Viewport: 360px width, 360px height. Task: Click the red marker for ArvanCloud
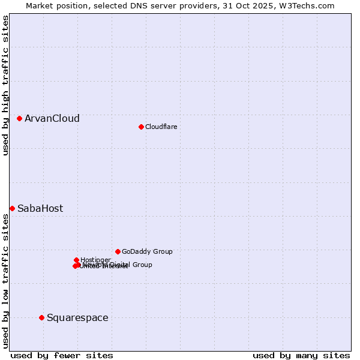tap(20, 119)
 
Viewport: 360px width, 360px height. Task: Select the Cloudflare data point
tap(141, 127)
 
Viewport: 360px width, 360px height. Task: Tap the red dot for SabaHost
tap(12, 208)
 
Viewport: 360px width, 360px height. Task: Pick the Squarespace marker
tap(41, 317)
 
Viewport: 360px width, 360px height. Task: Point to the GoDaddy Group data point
tap(118, 251)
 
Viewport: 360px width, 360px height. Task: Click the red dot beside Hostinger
tap(77, 260)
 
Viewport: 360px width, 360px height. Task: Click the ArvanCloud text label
tap(52, 119)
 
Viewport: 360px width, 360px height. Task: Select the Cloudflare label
tap(161, 127)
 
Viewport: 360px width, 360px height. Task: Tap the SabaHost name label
tap(40, 209)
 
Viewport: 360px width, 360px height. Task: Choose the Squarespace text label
tap(77, 318)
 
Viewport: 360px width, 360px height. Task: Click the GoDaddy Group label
tap(147, 252)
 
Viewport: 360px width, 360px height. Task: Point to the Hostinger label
tap(95, 260)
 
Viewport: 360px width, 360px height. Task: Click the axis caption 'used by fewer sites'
tap(62, 355)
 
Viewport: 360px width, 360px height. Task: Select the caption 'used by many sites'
tap(301, 355)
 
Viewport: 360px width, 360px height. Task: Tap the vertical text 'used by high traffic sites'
tap(5, 85)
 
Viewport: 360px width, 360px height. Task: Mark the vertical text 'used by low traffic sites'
tap(5, 281)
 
